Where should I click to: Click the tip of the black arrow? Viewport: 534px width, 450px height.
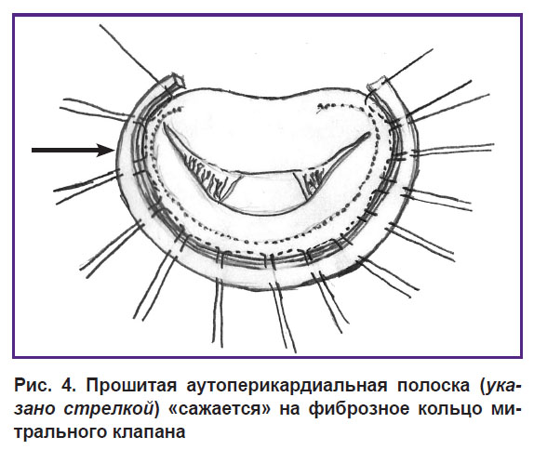[x=113, y=150]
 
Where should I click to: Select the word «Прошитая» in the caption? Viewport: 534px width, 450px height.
[x=131, y=386]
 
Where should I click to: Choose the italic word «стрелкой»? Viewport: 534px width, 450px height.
[x=108, y=409]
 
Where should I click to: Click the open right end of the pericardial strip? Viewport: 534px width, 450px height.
[x=377, y=84]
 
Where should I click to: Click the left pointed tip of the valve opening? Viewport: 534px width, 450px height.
[x=164, y=124]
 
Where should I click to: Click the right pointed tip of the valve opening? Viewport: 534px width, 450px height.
[x=369, y=134]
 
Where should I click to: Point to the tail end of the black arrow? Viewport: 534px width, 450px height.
[x=32, y=150]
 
